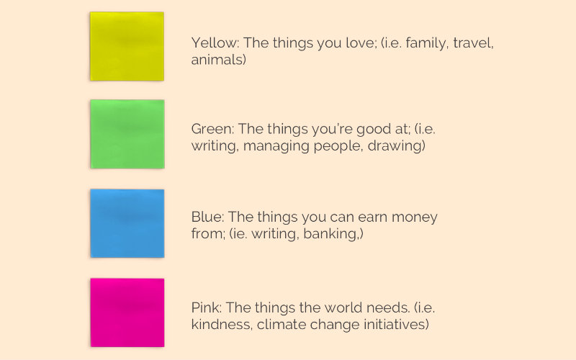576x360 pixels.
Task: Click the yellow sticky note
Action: [127, 46]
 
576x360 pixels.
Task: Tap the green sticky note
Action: [127, 134]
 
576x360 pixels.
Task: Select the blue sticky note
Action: [127, 223]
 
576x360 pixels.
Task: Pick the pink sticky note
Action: [127, 312]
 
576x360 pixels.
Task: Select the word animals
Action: [217, 60]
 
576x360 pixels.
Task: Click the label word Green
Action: [212, 129]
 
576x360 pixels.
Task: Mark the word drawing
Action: [395, 146]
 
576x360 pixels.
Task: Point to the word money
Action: [415, 218]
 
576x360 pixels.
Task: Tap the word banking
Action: [330, 234]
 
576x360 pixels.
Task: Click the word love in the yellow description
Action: [361, 42]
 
